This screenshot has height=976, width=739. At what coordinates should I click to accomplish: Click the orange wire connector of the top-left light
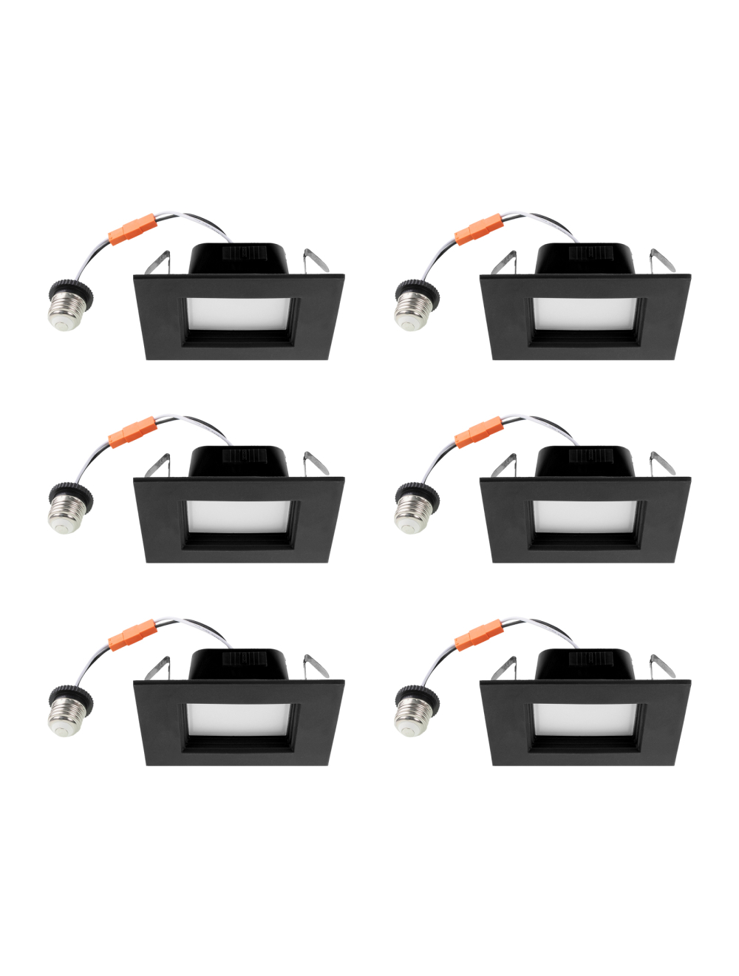tap(134, 226)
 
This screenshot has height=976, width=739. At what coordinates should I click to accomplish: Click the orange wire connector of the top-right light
tap(479, 228)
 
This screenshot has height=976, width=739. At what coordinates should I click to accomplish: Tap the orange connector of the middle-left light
tap(134, 430)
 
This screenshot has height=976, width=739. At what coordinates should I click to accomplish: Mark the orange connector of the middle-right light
tap(479, 431)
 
